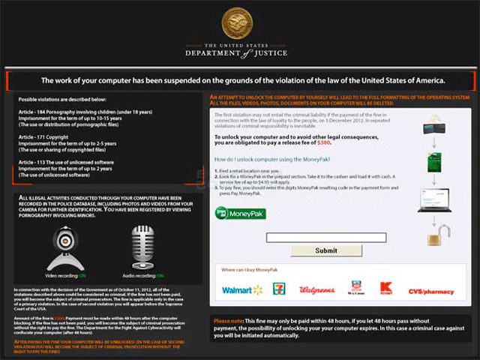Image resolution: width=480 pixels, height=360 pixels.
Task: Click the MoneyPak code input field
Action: (x=325, y=237)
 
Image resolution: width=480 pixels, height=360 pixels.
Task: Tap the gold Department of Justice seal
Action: (x=239, y=25)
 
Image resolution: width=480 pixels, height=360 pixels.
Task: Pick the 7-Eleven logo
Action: (x=279, y=289)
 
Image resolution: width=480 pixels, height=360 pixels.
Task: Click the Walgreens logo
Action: (x=316, y=289)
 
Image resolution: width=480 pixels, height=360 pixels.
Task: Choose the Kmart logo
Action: (x=386, y=288)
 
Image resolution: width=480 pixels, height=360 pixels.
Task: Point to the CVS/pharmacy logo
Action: (x=430, y=290)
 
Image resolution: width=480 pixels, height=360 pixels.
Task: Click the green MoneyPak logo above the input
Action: (x=240, y=213)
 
